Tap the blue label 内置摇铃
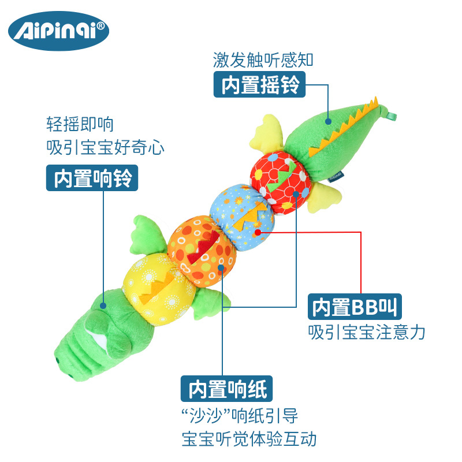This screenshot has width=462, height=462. click(260, 85)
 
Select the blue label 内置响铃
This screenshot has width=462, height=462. click(92, 178)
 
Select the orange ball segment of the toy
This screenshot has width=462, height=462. click(203, 249)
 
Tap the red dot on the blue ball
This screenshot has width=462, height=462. click(258, 233)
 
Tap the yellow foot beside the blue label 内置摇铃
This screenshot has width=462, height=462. click(266, 131)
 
